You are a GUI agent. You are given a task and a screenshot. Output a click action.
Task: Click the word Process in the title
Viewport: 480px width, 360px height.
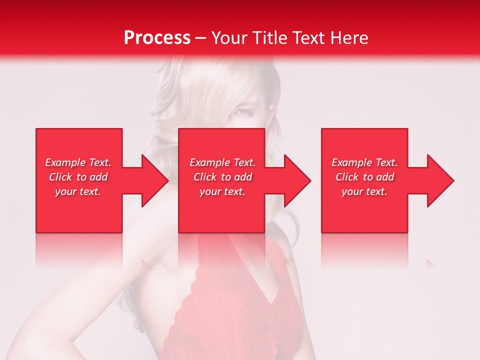tap(157, 38)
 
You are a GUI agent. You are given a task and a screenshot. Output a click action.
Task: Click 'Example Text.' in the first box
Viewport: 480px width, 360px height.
tap(78, 162)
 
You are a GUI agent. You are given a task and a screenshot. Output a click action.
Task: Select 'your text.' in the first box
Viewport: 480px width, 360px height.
tap(78, 191)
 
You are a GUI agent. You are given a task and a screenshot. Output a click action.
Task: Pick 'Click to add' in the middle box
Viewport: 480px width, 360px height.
tap(222, 177)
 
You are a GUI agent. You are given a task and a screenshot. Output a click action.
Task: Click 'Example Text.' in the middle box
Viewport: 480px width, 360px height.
tap(222, 162)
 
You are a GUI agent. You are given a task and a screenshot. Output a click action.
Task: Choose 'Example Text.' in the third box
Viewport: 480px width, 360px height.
tap(364, 162)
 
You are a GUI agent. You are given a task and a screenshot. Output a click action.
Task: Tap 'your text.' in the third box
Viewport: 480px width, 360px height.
tap(364, 191)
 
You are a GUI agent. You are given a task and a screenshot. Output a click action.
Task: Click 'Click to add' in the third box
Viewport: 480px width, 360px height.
tap(364, 177)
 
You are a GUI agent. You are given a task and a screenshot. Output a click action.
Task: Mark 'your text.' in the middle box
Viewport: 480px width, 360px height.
tap(222, 191)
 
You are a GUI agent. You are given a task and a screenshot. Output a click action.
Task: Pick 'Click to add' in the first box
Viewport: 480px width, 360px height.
tap(78, 177)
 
